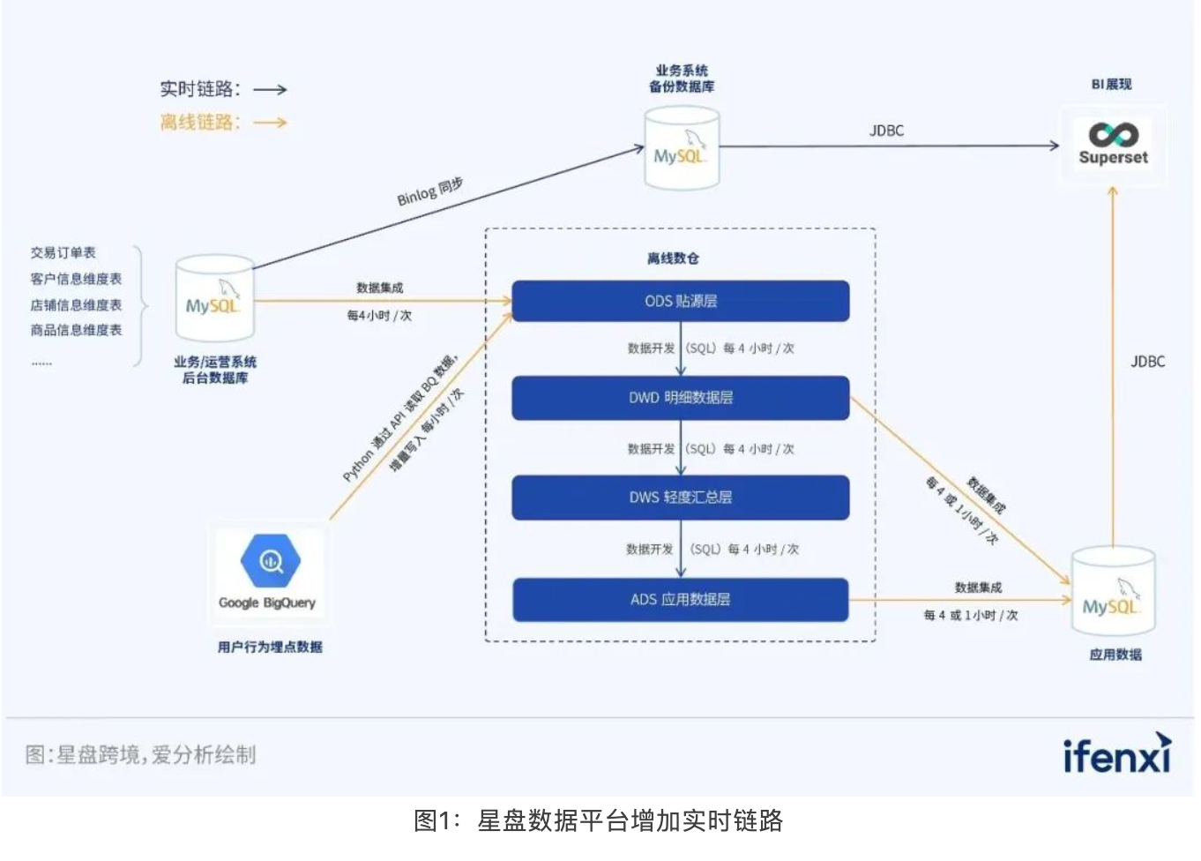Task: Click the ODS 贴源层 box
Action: click(x=681, y=301)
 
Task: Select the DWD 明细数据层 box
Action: click(x=681, y=398)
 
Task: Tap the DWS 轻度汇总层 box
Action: click(x=681, y=498)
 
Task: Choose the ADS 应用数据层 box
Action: click(x=681, y=600)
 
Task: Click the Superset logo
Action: click(x=1114, y=144)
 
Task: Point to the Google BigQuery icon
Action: click(x=270, y=561)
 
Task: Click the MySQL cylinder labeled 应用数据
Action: click(x=1113, y=592)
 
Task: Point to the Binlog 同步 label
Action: click(x=429, y=191)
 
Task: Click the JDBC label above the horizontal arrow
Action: click(x=886, y=131)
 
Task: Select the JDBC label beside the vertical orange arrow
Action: click(x=1147, y=362)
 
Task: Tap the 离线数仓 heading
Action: click(x=673, y=258)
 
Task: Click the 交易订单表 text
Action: click(x=63, y=253)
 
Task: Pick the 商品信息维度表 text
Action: click(x=76, y=330)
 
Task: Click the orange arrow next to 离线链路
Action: click(x=270, y=123)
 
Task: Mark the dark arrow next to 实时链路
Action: click(x=270, y=89)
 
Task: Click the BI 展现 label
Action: click(x=1111, y=85)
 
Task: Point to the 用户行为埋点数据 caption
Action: click(x=270, y=647)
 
